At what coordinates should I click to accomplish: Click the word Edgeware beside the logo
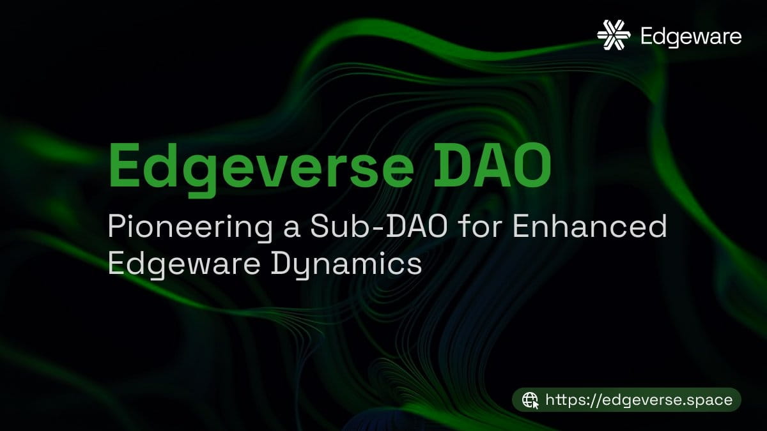tap(691, 36)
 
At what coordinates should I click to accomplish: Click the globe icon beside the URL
tap(531, 400)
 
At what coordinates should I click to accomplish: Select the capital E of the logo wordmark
tap(648, 36)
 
